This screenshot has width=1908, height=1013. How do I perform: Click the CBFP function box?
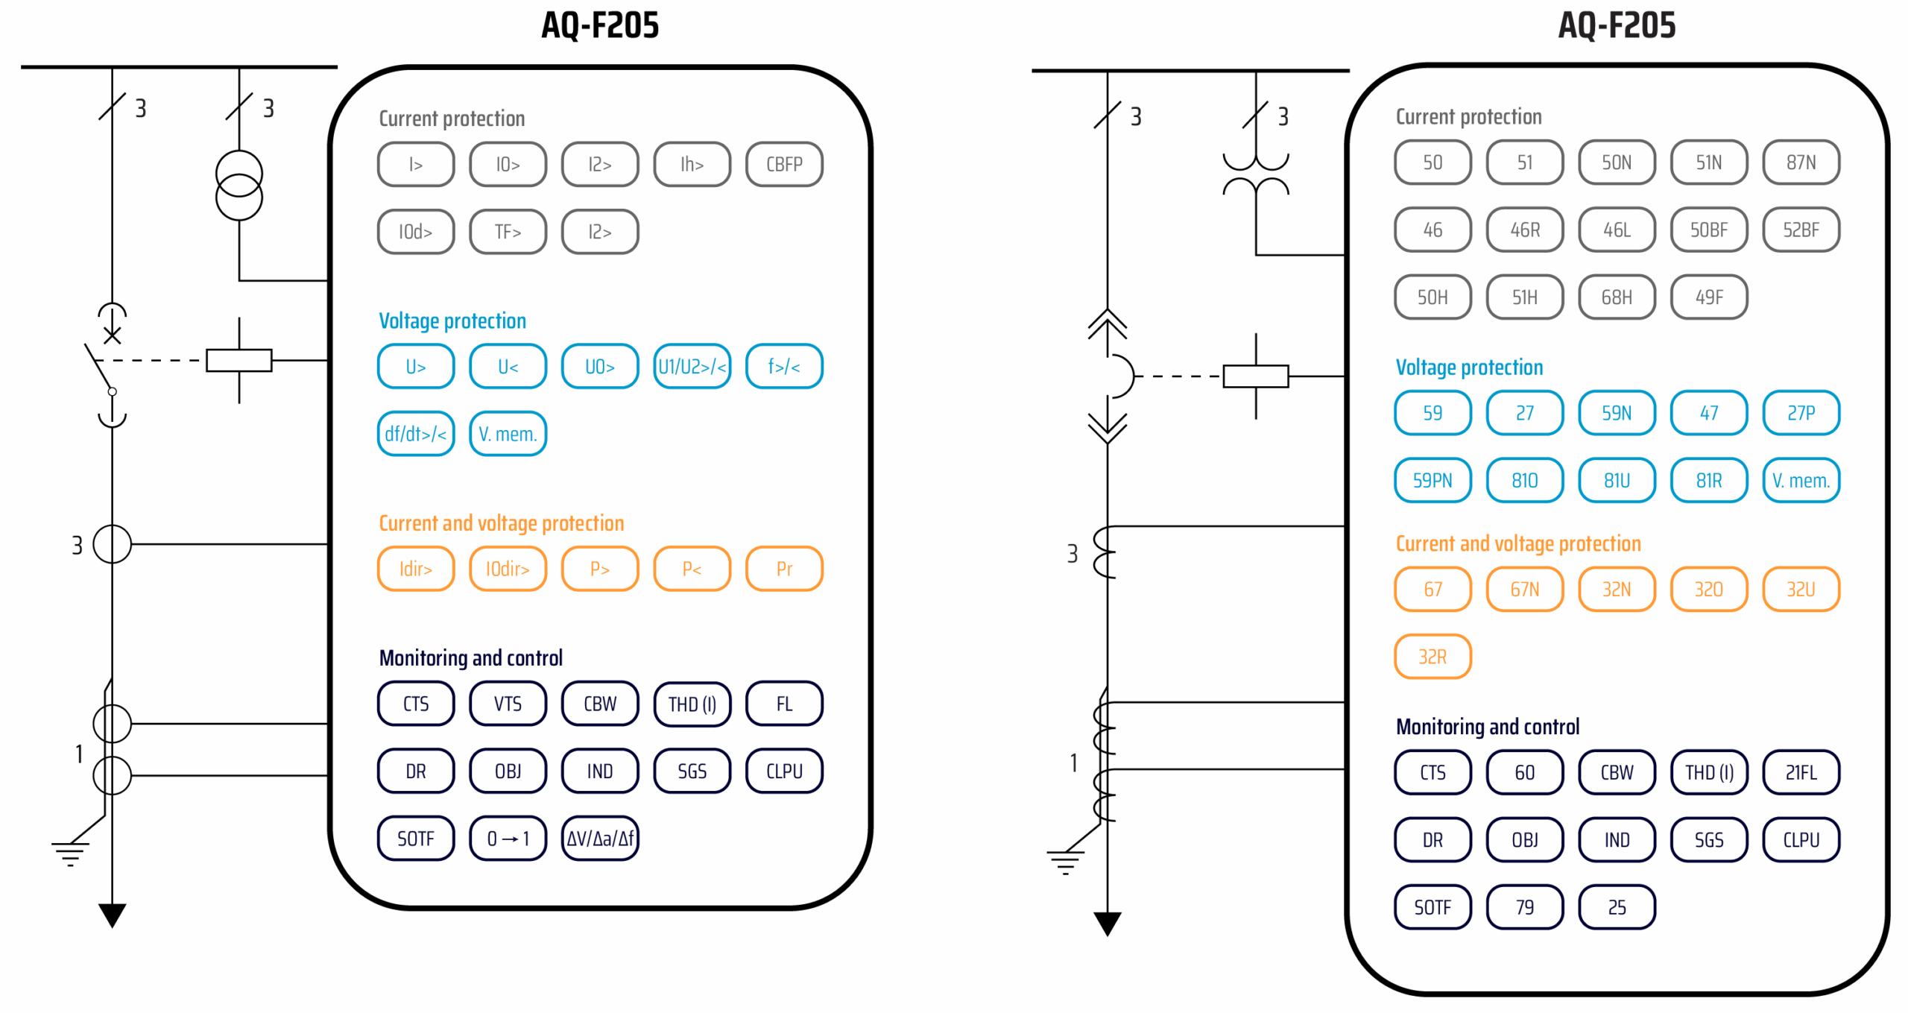[783, 164]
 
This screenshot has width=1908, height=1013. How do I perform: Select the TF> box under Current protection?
[508, 232]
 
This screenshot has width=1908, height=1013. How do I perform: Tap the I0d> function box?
[415, 232]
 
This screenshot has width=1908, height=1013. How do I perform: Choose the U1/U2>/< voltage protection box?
[692, 367]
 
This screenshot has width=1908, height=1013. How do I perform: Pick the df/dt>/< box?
[415, 434]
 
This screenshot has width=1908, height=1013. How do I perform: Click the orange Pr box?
[783, 569]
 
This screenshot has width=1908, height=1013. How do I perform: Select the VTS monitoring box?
[508, 704]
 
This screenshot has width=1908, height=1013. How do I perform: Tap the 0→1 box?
[508, 839]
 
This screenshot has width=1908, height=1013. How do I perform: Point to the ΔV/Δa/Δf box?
[600, 839]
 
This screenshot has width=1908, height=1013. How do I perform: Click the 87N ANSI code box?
[1800, 162]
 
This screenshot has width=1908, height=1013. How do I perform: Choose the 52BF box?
[1800, 230]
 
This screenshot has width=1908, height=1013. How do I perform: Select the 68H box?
[1616, 297]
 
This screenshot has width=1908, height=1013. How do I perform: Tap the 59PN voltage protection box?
[1432, 481]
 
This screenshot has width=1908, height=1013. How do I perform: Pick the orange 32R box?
[1432, 657]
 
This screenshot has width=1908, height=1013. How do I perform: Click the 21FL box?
[1800, 772]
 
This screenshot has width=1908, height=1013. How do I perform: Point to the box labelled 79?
[1524, 907]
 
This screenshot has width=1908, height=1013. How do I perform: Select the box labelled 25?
[1616, 907]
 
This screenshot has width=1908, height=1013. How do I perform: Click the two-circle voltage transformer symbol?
[239, 186]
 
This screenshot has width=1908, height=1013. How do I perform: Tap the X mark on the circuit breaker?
[112, 335]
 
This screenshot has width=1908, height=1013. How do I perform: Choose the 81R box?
[1708, 481]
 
